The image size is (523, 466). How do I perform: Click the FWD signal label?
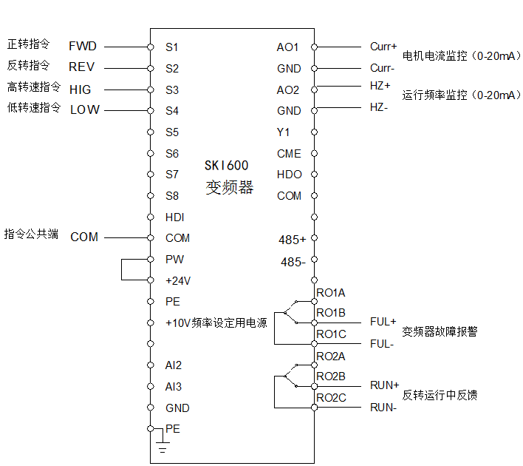tap(83, 47)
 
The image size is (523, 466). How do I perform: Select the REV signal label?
tap(82, 67)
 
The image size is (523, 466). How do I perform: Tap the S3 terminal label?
tap(172, 90)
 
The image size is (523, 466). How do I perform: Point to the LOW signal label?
tap(85, 110)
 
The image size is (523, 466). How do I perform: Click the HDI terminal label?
tap(175, 217)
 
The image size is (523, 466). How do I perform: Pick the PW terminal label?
tap(175, 260)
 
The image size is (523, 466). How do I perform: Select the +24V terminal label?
tap(178, 281)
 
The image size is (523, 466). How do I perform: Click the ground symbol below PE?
tap(163, 445)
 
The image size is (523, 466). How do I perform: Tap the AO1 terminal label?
tap(288, 47)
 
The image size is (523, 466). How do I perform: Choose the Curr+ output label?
tap(383, 47)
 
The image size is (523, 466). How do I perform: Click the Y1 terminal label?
tap(284, 132)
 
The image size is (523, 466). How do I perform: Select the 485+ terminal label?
tap(292, 240)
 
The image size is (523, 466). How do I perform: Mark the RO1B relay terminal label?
tap(331, 313)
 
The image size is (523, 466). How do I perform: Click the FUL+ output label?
tap(383, 322)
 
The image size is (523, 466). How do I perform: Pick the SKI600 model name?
tap(227, 166)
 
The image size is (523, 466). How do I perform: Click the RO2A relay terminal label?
tap(331, 357)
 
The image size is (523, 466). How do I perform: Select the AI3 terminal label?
tap(174, 387)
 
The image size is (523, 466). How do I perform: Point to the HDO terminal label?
tap(290, 175)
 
